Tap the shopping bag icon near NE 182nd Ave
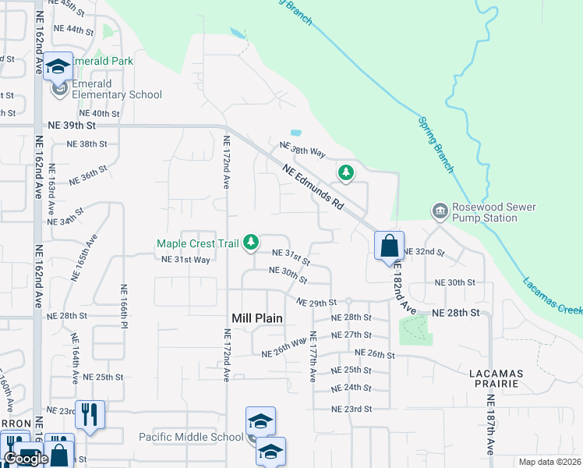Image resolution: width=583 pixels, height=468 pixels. [x=389, y=246]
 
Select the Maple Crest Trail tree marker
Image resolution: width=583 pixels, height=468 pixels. [x=251, y=243]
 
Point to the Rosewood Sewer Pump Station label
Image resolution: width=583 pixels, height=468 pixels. [x=485, y=212]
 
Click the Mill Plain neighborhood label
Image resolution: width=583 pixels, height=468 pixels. [x=257, y=318]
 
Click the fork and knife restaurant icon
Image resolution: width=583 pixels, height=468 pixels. [x=90, y=415]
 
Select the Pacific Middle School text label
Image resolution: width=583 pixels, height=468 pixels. [x=191, y=437]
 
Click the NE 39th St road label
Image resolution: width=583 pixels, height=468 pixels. [x=72, y=125]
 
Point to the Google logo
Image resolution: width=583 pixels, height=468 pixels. [x=26, y=459]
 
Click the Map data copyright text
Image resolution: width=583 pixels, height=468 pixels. [x=549, y=462]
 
